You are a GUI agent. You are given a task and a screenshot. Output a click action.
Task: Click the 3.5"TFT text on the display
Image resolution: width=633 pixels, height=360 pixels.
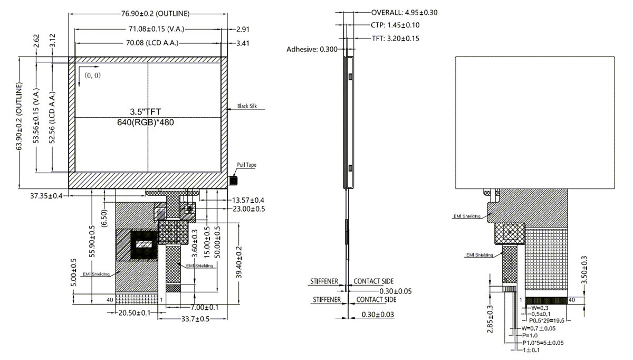click(145, 111)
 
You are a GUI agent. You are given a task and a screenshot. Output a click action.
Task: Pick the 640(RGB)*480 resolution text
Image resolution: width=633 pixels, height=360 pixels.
click(145, 122)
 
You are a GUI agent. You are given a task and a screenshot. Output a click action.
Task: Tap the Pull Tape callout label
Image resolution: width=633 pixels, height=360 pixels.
click(246, 165)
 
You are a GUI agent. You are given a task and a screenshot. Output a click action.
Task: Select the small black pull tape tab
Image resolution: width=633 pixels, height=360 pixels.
click(233, 181)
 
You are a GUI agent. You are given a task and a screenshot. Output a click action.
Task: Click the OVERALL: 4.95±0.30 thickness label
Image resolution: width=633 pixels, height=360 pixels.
click(405, 13)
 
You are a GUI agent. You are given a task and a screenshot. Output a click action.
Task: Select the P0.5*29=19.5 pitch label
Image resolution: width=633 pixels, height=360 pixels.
click(549, 320)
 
